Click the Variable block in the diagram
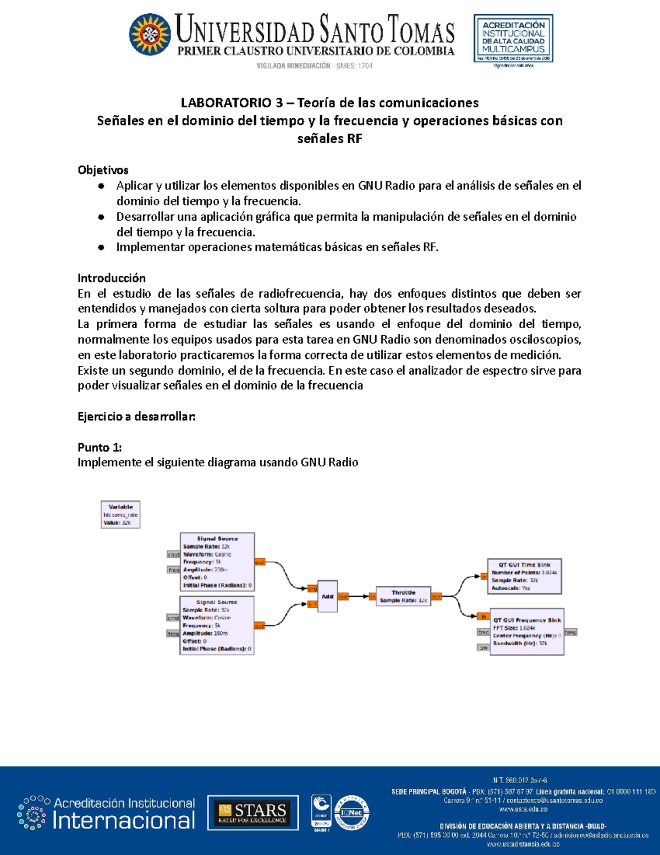120,515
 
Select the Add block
327,596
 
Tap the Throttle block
403,597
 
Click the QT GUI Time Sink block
524,576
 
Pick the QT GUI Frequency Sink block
526,631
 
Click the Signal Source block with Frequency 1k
217,562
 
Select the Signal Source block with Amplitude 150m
217,625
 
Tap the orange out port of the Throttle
436,597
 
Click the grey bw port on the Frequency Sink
483,648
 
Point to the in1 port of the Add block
312,605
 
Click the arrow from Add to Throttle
359,596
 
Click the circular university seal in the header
150,35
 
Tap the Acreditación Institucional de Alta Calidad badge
513,39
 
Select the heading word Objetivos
103,170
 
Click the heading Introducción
112,278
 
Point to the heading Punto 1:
100,447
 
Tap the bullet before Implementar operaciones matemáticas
101,248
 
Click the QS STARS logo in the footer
252,813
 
